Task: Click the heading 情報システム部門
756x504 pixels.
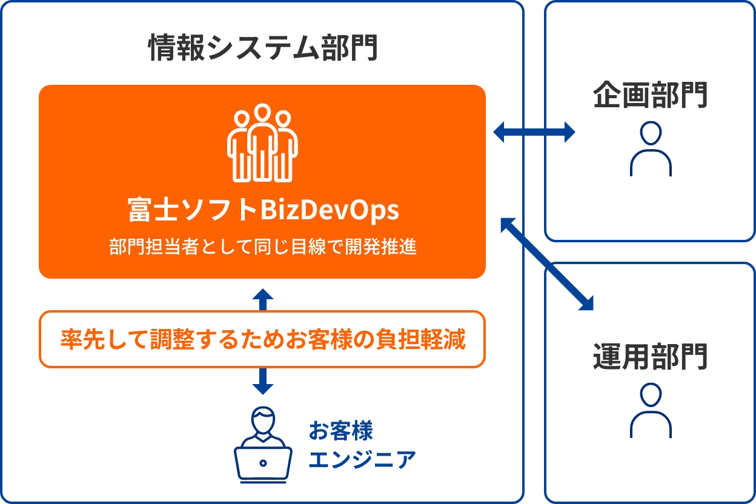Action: (x=262, y=47)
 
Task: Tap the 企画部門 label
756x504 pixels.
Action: (x=650, y=95)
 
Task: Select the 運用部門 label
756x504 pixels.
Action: (x=650, y=356)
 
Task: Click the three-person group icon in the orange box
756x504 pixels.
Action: (x=262, y=143)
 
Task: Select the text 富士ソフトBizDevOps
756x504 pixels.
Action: (x=263, y=210)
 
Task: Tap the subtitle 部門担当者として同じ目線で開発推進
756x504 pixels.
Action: (x=262, y=246)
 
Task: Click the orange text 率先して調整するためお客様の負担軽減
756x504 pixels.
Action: (x=263, y=339)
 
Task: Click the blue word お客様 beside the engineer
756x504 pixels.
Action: (x=340, y=431)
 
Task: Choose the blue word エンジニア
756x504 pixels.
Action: (x=362, y=459)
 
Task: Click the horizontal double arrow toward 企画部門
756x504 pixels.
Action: (x=534, y=131)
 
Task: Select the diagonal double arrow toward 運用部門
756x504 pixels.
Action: (x=547, y=264)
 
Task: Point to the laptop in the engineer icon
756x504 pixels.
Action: (x=263, y=464)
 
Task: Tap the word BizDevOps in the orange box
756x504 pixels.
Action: (x=330, y=210)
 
